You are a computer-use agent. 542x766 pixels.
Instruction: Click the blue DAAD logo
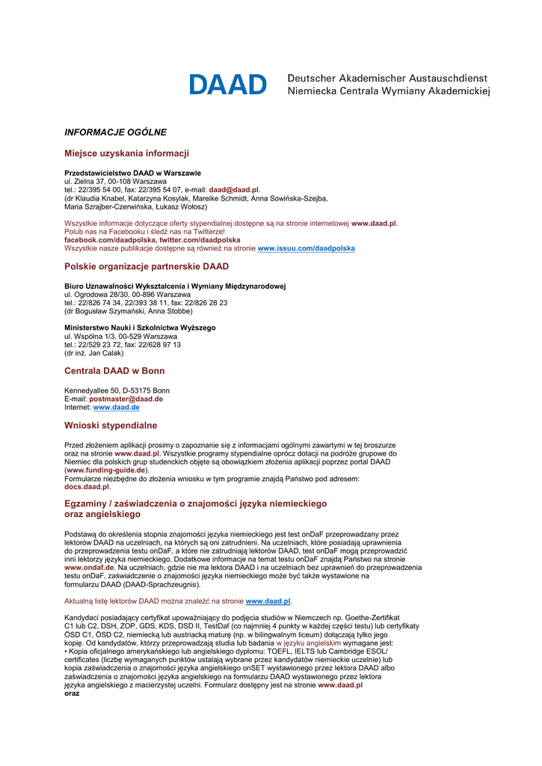227,85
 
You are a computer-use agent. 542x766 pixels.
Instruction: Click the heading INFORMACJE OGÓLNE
115,132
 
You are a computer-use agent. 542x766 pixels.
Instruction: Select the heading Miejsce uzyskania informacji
126,153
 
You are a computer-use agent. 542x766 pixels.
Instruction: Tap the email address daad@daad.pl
233,190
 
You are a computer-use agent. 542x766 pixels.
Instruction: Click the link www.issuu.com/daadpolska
306,248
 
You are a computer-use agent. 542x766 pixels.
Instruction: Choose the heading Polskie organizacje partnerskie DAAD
147,266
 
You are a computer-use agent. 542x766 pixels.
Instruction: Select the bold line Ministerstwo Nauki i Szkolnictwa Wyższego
140,328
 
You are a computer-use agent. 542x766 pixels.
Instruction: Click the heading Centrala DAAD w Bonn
114,371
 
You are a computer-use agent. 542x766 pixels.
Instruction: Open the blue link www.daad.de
116,408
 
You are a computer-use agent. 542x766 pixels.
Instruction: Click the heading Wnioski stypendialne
111,426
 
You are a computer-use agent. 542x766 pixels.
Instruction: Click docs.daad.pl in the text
87,486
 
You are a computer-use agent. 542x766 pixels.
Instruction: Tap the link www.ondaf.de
89,568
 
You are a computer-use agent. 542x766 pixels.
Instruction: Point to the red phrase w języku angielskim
308,643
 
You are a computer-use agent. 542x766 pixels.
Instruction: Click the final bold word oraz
72,693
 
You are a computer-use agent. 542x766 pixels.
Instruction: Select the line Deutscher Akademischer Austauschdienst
387,78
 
